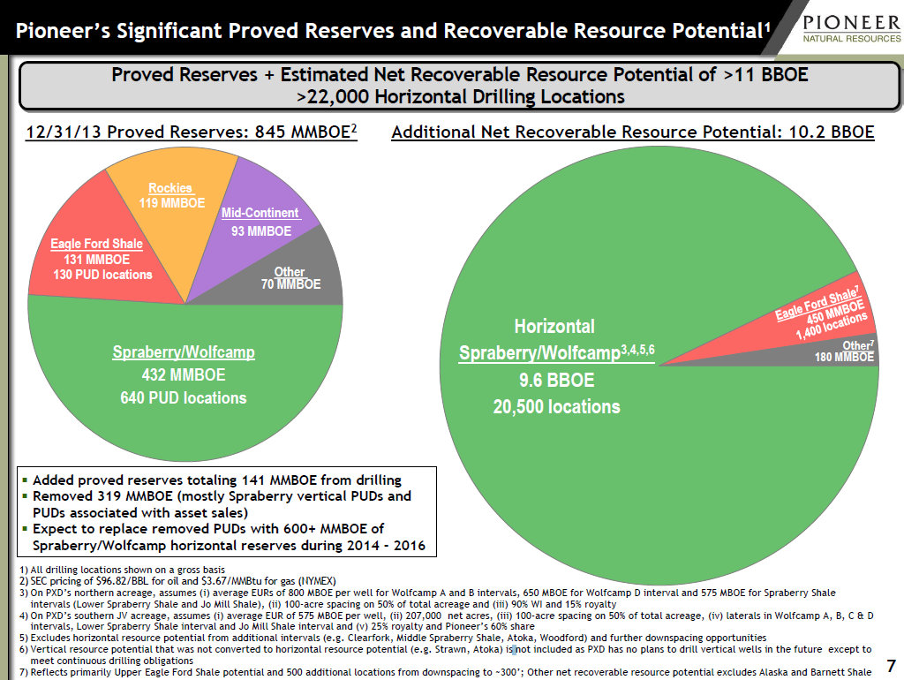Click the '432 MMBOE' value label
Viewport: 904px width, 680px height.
(x=184, y=375)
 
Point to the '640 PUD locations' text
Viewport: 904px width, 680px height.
(x=184, y=398)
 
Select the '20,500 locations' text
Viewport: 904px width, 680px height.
(x=556, y=407)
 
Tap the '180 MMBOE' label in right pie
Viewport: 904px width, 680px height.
(x=844, y=358)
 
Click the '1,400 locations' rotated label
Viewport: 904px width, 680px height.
(x=832, y=326)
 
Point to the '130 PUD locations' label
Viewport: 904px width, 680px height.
(x=102, y=275)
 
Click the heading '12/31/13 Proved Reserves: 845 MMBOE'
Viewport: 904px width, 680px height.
(x=192, y=133)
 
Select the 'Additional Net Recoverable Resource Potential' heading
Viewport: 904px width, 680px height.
(x=632, y=133)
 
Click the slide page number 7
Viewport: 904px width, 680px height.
(x=890, y=664)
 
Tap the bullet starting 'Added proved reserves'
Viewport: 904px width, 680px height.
(x=216, y=480)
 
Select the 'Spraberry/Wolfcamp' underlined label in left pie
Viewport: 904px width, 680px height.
(x=184, y=352)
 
